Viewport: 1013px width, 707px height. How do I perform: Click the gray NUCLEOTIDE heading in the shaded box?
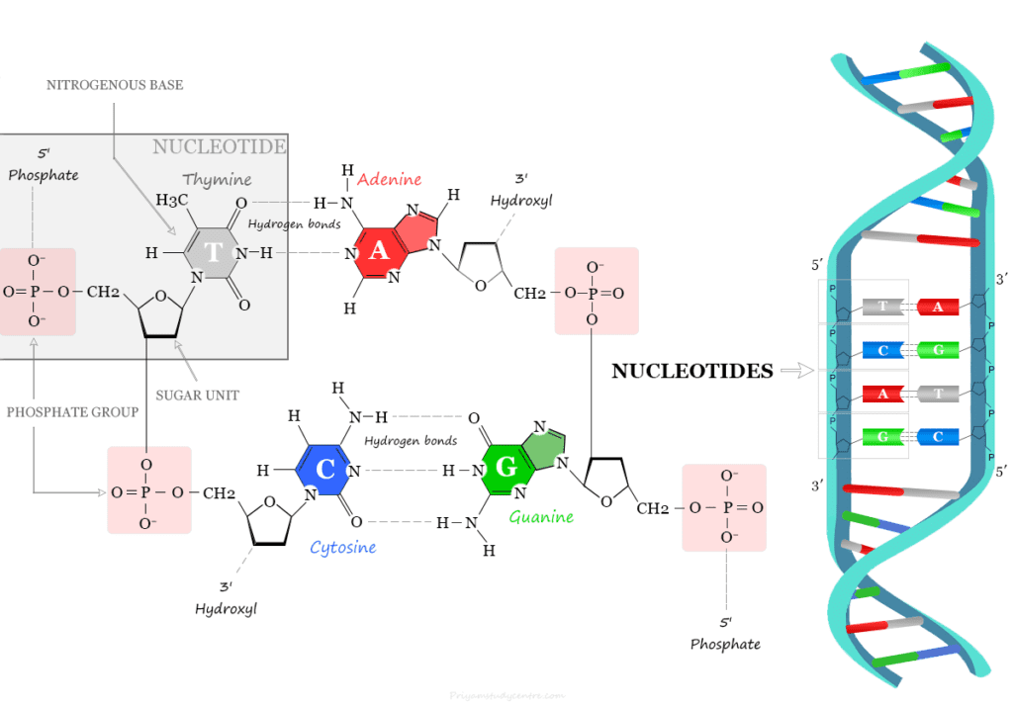[220, 147]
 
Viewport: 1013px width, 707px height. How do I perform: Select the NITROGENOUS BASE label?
[115, 85]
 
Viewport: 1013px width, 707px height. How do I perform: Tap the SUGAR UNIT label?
[197, 395]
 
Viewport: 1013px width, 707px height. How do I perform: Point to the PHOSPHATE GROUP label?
[72, 411]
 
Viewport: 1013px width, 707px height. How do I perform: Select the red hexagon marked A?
[378, 251]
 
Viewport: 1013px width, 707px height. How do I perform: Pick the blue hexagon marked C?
[326, 470]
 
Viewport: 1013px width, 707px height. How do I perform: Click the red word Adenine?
[389, 179]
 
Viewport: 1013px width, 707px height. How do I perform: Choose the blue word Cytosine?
[342, 547]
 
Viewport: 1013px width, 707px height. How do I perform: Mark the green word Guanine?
[541, 516]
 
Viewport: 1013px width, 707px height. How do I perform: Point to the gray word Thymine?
[217, 180]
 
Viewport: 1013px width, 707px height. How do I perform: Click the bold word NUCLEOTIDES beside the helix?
[691, 372]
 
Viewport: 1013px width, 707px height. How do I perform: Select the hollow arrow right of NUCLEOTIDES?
[795, 372]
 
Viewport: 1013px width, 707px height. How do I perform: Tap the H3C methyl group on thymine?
[171, 200]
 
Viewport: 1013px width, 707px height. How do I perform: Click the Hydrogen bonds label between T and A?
[294, 224]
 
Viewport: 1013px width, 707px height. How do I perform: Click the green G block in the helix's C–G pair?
[934, 350]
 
